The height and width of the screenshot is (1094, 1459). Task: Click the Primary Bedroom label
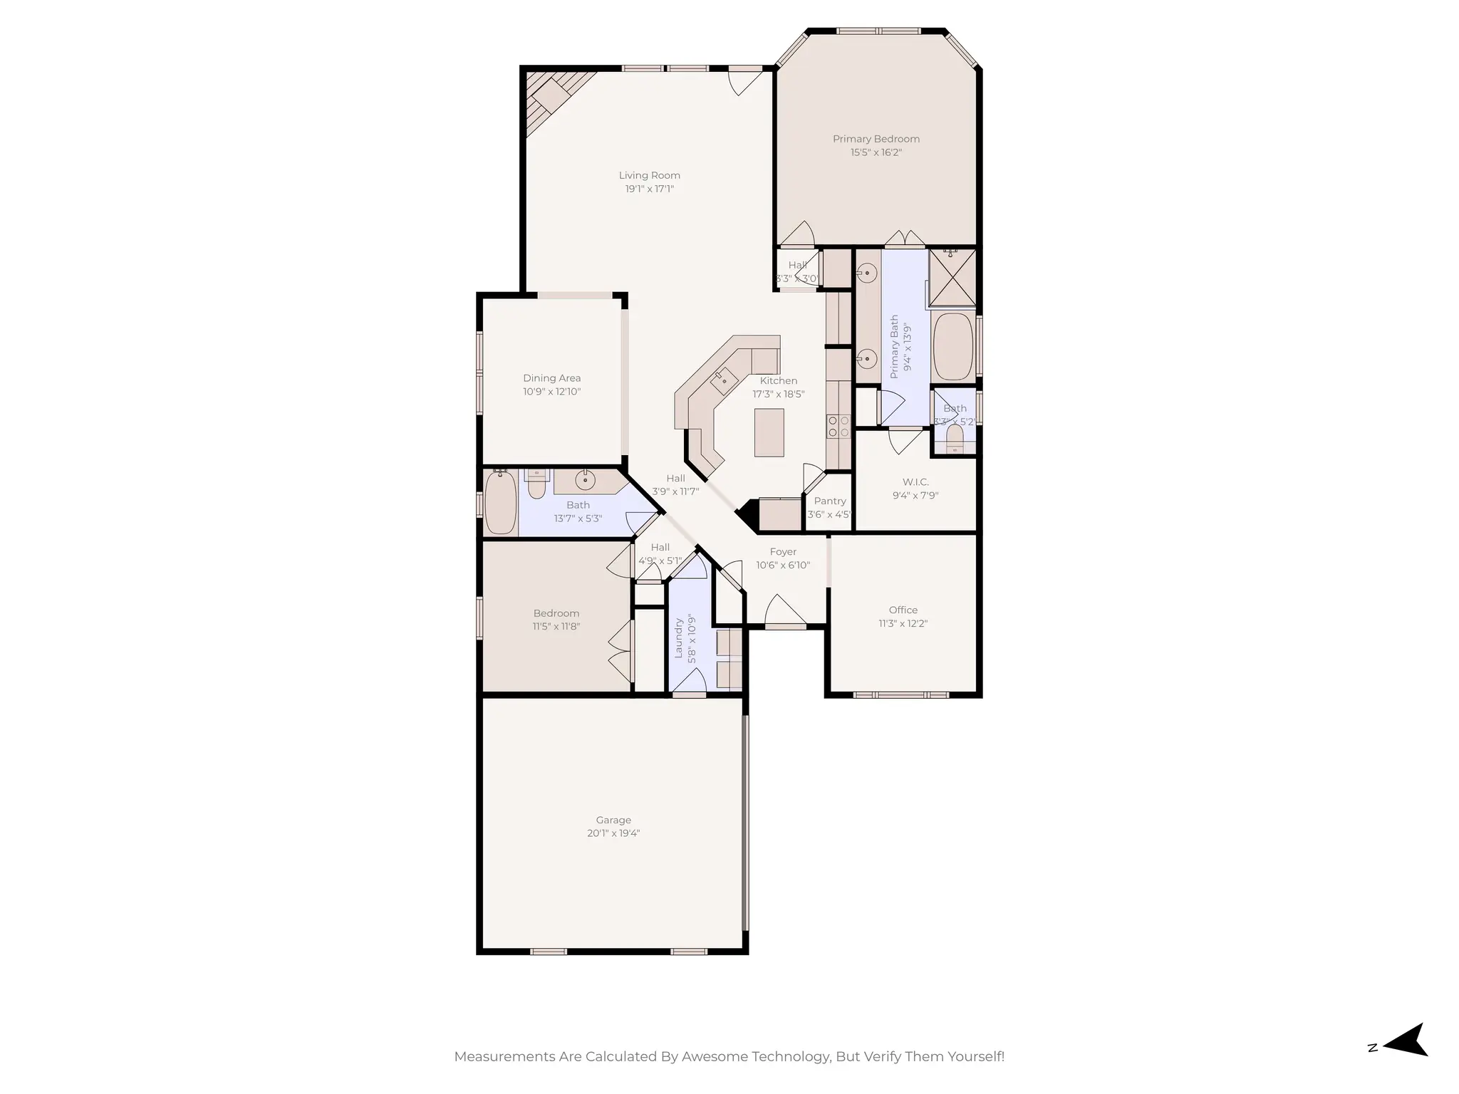click(876, 139)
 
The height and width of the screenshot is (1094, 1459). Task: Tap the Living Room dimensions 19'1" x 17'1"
click(649, 189)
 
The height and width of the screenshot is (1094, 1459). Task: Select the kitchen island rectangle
click(769, 432)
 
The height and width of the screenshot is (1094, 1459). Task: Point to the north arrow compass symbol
click(1404, 1060)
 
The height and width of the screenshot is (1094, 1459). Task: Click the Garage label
click(613, 820)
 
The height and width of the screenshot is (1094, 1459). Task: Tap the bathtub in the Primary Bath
click(953, 347)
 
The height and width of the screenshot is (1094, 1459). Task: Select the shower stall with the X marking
click(952, 278)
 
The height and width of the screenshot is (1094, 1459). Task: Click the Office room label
click(903, 610)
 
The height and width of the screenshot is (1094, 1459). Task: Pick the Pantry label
click(830, 501)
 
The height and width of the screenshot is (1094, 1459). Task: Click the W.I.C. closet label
click(915, 482)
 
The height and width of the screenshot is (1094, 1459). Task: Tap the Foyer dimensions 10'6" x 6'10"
click(783, 566)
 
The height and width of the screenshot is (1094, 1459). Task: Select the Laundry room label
click(679, 637)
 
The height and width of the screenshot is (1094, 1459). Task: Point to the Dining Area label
click(551, 378)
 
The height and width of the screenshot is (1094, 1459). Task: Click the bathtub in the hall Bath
click(501, 503)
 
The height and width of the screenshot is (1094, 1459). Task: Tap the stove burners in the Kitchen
click(838, 426)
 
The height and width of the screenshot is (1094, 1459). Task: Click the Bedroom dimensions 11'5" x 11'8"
click(556, 627)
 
